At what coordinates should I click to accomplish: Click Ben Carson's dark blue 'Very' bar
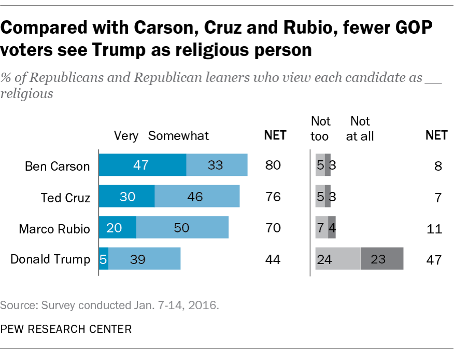coord(143,165)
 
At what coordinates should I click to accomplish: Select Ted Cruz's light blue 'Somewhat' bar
coord(197,197)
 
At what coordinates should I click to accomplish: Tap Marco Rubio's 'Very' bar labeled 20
coord(118,228)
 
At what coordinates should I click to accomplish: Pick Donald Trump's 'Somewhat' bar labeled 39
coord(144,259)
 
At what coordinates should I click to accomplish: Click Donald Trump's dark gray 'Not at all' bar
coord(381,259)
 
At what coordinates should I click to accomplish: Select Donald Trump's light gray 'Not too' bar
coord(337,259)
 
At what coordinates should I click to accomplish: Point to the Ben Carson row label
coord(58,166)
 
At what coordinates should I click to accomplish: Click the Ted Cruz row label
coord(65,198)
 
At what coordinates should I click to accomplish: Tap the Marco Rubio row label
coord(54,228)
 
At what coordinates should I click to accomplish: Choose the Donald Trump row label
coord(50,259)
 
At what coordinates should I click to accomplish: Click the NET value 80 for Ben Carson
coord(273,166)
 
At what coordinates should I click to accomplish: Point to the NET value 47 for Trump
coord(433,259)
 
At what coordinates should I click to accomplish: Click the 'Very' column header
coord(126,136)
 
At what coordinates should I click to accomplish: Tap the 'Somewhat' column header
coord(178,136)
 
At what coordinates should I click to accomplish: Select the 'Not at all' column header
coord(361,129)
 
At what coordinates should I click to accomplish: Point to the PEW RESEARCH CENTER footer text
coord(66,328)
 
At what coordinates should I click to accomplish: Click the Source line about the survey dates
coord(109,304)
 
